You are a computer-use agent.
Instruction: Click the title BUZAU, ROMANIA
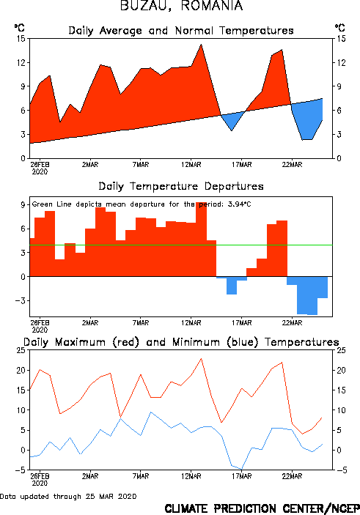click(182, 6)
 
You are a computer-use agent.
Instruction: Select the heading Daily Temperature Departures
click(181, 187)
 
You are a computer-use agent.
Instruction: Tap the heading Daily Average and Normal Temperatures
click(181, 31)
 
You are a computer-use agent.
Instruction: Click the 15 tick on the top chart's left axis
click(21, 39)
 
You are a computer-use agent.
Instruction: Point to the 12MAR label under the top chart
click(191, 165)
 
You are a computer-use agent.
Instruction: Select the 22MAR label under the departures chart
click(293, 323)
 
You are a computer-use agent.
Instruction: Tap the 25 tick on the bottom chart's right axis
click(341, 350)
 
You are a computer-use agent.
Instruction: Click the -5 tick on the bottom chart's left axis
click(20, 470)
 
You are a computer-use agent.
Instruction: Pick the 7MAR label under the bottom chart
click(141, 476)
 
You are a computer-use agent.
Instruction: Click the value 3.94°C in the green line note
click(239, 204)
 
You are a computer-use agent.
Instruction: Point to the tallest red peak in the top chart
click(201, 45)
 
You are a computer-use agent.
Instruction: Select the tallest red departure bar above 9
click(201, 239)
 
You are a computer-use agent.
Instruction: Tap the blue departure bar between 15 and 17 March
click(232, 285)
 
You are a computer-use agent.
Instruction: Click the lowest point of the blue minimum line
click(242, 469)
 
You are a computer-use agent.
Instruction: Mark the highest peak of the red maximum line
click(201, 359)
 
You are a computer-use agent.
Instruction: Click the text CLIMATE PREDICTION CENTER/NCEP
click(262, 508)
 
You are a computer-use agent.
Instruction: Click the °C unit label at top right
click(340, 28)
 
